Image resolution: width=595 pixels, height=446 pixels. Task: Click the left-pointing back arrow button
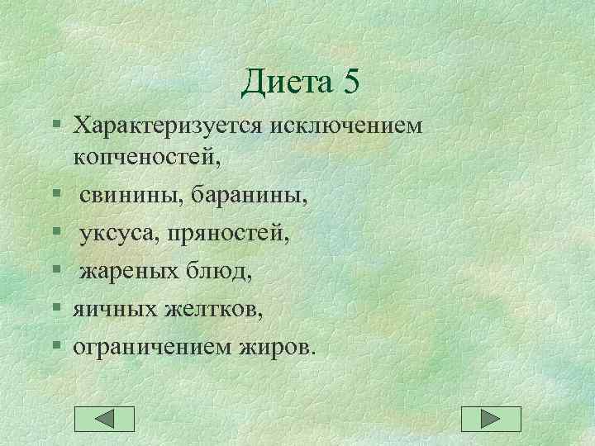[104, 419]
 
